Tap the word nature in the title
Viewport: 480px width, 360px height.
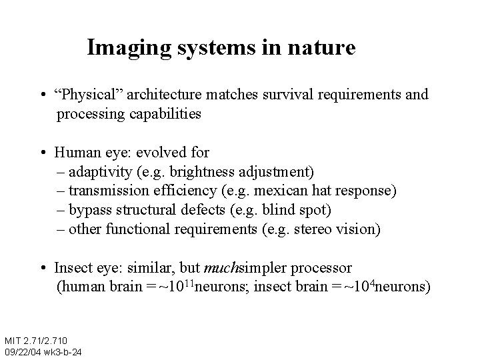tap(325, 49)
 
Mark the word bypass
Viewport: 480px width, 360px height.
tap(89, 211)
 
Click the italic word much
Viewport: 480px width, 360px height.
tap(219, 269)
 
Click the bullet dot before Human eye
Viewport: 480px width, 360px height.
tap(43, 153)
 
